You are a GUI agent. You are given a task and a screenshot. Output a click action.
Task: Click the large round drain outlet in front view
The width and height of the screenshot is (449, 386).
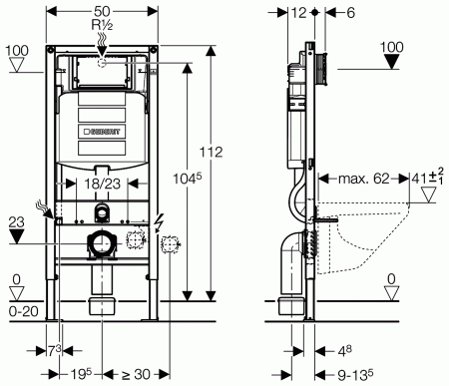pyautogui.click(x=102, y=241)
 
